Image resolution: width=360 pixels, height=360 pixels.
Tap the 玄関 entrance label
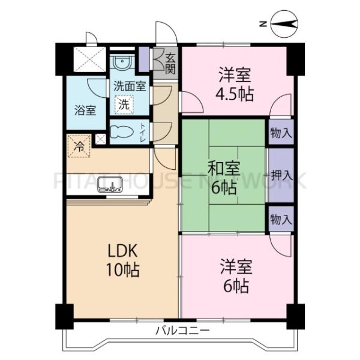point(170,62)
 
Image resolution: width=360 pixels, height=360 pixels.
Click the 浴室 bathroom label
point(85,110)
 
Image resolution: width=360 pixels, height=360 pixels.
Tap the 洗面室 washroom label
point(130,86)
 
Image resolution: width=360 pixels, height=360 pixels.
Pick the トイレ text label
point(142,132)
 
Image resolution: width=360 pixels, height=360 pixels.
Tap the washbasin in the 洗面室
point(123,62)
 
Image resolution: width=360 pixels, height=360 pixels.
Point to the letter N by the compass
point(263,25)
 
